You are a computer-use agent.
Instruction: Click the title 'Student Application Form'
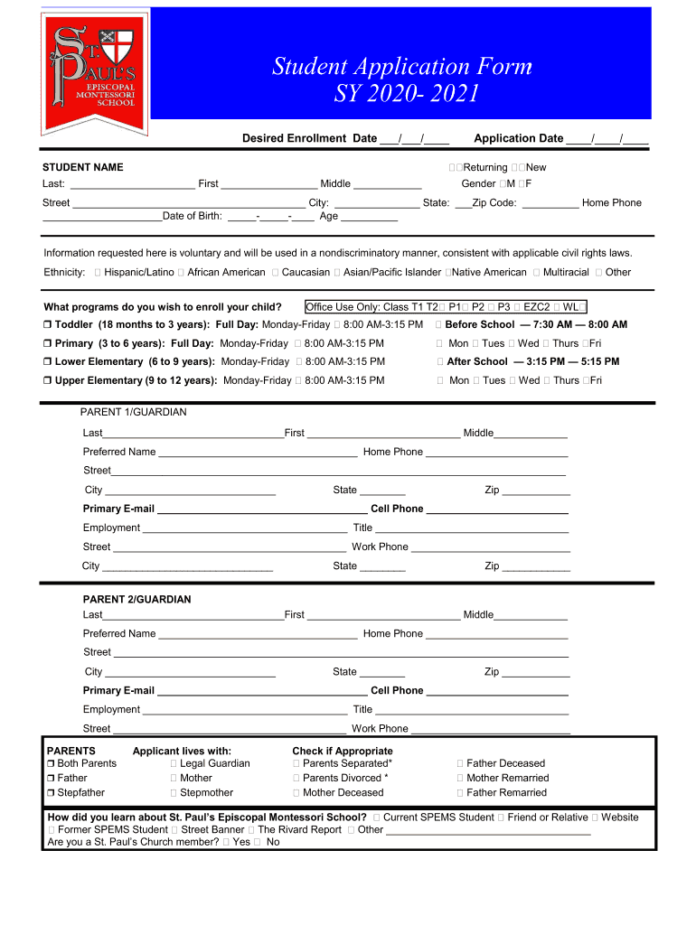(x=402, y=67)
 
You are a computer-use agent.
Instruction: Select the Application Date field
(x=607, y=139)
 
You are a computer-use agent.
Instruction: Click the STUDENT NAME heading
(x=83, y=167)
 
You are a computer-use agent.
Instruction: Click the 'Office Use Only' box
(x=447, y=306)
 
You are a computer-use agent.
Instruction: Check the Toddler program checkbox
(x=48, y=325)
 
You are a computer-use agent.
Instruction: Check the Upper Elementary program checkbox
(x=48, y=381)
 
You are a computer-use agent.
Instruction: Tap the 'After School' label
(x=477, y=362)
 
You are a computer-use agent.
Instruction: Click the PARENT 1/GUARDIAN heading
(x=135, y=413)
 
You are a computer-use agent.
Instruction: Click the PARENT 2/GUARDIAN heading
(x=136, y=600)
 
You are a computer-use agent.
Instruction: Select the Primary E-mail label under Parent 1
(x=118, y=509)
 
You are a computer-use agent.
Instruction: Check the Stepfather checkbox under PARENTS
(x=51, y=793)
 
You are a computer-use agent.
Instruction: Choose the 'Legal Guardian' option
(x=174, y=764)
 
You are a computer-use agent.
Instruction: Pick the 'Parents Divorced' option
(x=296, y=779)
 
